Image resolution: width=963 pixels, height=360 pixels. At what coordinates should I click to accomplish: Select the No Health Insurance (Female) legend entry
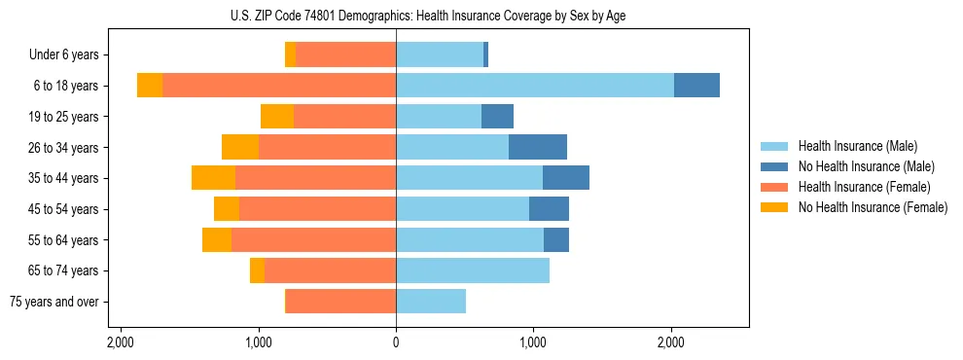[x=873, y=207]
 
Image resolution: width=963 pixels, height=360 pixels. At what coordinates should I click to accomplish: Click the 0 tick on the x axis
[x=396, y=343]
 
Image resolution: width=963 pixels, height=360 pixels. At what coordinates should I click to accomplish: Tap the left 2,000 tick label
[x=121, y=343]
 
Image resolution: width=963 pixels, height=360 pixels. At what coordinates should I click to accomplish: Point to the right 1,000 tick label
[x=533, y=343]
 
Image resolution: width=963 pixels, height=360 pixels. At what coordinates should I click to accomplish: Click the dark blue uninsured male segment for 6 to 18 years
[x=696, y=86]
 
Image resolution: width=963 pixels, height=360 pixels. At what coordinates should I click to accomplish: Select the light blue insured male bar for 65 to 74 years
[x=473, y=270]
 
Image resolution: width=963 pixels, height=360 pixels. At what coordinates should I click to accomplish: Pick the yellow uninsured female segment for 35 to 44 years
[x=213, y=178]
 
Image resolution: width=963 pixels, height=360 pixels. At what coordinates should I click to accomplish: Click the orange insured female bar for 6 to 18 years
[x=279, y=86]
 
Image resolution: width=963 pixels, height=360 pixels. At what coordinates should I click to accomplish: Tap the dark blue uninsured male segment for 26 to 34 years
[x=537, y=147]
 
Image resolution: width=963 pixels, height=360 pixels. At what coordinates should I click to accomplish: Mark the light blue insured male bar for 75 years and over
[x=431, y=302]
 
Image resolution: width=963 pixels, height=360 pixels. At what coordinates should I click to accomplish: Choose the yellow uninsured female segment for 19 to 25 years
[x=277, y=117]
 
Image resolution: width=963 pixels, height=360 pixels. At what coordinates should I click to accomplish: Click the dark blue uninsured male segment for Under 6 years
[x=485, y=55]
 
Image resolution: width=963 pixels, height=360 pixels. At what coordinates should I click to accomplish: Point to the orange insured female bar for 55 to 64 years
[x=313, y=239]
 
